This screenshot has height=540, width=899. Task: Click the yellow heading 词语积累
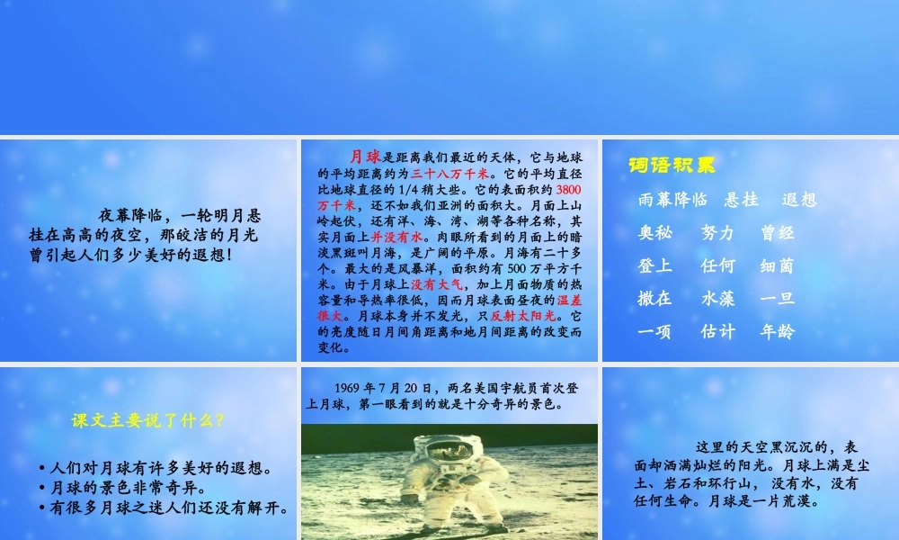point(672,166)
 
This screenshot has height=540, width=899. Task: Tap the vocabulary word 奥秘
point(655,232)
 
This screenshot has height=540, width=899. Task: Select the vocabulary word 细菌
point(777,265)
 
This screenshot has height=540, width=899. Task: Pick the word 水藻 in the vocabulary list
point(717,298)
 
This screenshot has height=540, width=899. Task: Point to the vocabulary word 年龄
point(777,331)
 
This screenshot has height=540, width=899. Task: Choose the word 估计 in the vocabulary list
point(717,331)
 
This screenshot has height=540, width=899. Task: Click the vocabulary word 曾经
point(777,232)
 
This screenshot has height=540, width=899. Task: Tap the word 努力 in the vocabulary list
point(717,232)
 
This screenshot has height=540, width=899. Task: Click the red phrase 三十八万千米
point(449,174)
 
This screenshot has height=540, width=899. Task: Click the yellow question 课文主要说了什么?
point(147,420)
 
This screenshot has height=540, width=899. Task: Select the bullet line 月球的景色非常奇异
point(124,488)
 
